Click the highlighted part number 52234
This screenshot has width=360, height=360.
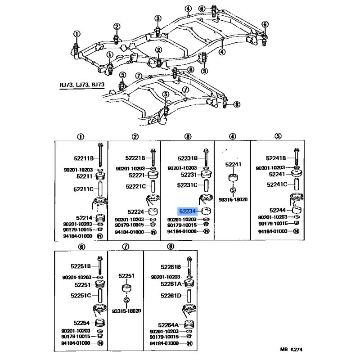coord(187,211)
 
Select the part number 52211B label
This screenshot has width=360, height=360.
coord(84,158)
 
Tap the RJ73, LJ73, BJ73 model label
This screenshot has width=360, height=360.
coord(82,85)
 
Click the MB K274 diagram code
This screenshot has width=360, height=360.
coord(291,350)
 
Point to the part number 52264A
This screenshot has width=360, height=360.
coord(168,325)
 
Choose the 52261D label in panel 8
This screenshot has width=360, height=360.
coord(171,296)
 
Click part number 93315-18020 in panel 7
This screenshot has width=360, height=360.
coord(126,311)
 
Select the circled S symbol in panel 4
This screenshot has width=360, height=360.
coord(233,190)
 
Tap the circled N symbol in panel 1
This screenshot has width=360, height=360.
coord(100,236)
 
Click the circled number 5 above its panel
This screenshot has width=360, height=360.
coord(278,136)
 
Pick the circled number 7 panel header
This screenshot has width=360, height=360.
coord(126,247)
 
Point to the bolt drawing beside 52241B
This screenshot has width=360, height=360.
coord(297,157)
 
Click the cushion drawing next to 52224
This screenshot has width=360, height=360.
coord(153,211)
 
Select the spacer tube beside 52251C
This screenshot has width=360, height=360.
coord(100,296)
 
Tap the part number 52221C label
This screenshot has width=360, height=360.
coord(136,186)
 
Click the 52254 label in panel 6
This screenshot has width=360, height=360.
coord(81,323)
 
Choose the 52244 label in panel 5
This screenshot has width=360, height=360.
coord(277,210)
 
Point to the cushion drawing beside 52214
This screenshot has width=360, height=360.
coord(100,218)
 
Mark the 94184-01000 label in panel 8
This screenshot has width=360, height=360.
coord(164,343)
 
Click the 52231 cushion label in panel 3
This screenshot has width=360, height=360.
coord(189,175)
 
